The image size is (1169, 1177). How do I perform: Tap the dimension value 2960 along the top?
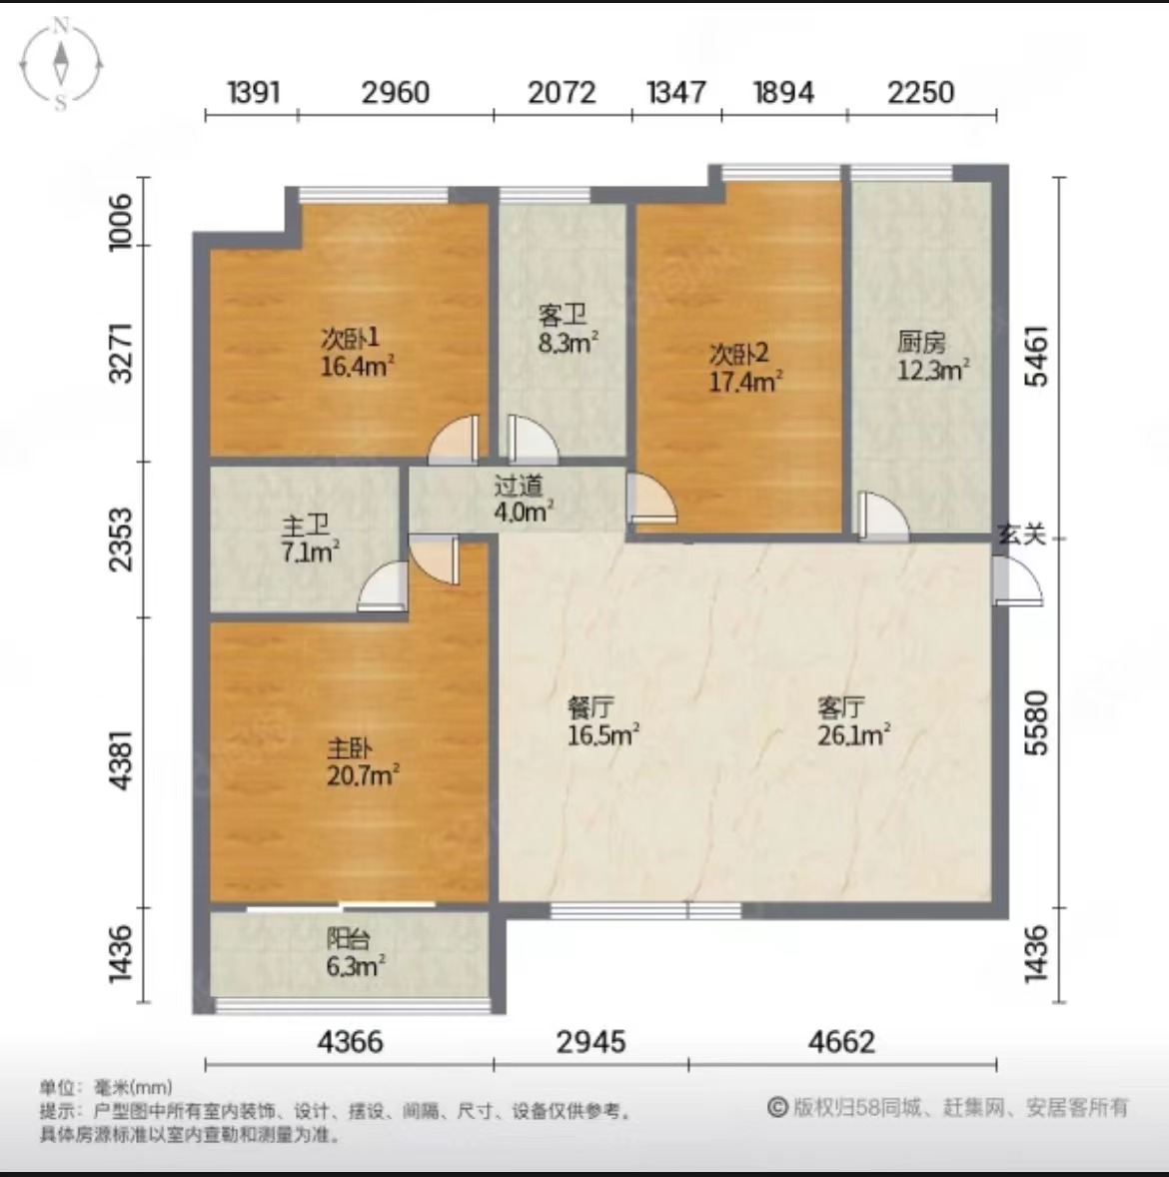[x=395, y=92]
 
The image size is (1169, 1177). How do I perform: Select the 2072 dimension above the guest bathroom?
[x=562, y=92]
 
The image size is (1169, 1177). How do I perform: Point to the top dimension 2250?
[x=920, y=92]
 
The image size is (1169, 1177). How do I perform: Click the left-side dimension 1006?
[x=121, y=222]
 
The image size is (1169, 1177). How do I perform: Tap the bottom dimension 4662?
[x=841, y=1042]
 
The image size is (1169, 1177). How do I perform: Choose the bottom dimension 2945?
[x=590, y=1042]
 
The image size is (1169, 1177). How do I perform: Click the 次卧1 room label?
[x=351, y=339]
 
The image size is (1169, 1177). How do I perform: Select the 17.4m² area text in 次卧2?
[x=746, y=382]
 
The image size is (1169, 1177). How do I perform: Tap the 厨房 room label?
[x=921, y=343]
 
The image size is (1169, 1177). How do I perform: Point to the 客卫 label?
[x=563, y=316]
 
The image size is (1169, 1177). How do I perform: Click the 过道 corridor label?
[x=518, y=487]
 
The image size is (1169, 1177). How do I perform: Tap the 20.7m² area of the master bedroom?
[x=363, y=774]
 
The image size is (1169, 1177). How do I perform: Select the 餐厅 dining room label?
[x=590, y=707]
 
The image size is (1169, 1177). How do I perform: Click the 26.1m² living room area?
[x=854, y=734]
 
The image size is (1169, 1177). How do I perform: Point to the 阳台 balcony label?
[x=349, y=938]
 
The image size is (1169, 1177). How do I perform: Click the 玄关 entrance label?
[x=1022, y=535]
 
